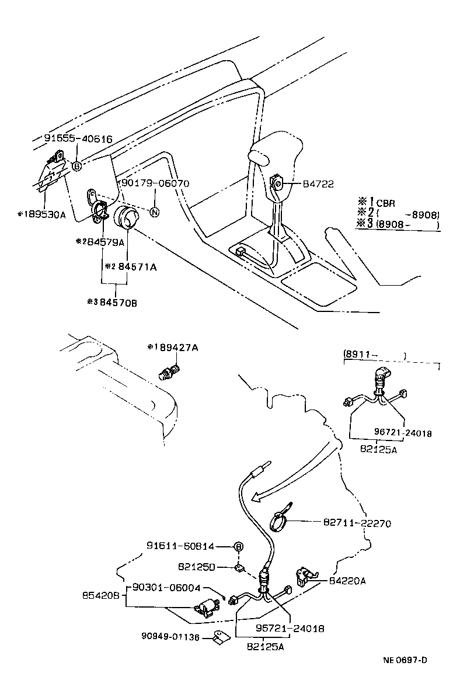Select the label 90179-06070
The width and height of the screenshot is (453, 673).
click(155, 183)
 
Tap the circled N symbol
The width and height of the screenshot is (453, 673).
click(154, 212)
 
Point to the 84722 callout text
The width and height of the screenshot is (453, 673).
click(318, 184)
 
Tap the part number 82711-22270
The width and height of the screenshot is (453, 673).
click(357, 523)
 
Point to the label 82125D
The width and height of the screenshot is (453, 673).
click(196, 567)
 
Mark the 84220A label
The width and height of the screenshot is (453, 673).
click(349, 580)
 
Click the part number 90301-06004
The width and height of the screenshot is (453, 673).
click(166, 588)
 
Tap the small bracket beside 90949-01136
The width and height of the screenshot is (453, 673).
click(221, 638)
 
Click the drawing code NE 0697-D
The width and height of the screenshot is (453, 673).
click(405, 660)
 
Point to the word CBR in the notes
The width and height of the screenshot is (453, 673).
click(385, 203)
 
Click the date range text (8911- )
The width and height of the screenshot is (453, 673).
click(374, 355)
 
